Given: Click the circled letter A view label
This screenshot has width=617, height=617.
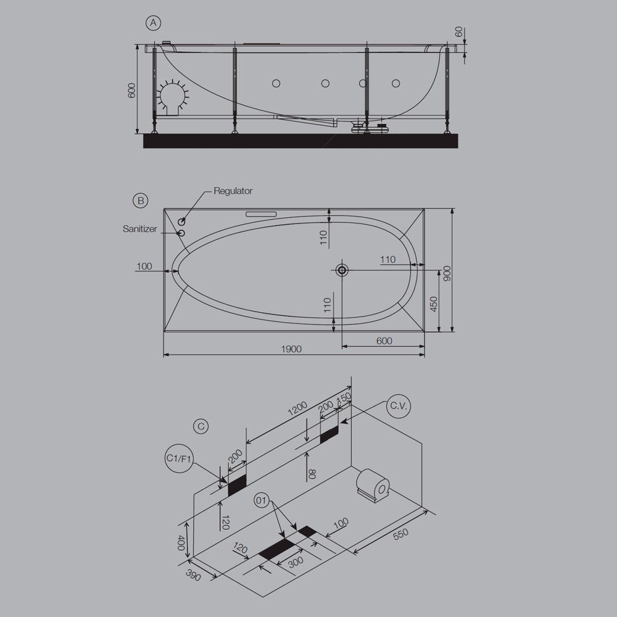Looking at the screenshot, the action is pos(153,23).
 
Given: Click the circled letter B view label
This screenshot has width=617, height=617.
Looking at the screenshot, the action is pos(141,201).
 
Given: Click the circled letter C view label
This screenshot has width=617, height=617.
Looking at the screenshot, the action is pos(201,426).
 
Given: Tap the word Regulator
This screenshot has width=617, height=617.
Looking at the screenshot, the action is pos(233,191).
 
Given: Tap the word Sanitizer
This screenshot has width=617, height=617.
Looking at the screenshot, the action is pos(139,229).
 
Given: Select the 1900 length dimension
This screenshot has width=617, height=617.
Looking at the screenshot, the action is pos(291,349).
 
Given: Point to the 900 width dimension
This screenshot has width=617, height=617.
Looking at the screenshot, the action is pos(447,273).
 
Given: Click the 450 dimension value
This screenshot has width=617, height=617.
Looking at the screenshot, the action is pos(434,304).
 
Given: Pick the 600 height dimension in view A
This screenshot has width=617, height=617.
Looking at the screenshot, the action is pos(132,91).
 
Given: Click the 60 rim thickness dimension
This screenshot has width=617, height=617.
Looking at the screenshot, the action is pos(459,32).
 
